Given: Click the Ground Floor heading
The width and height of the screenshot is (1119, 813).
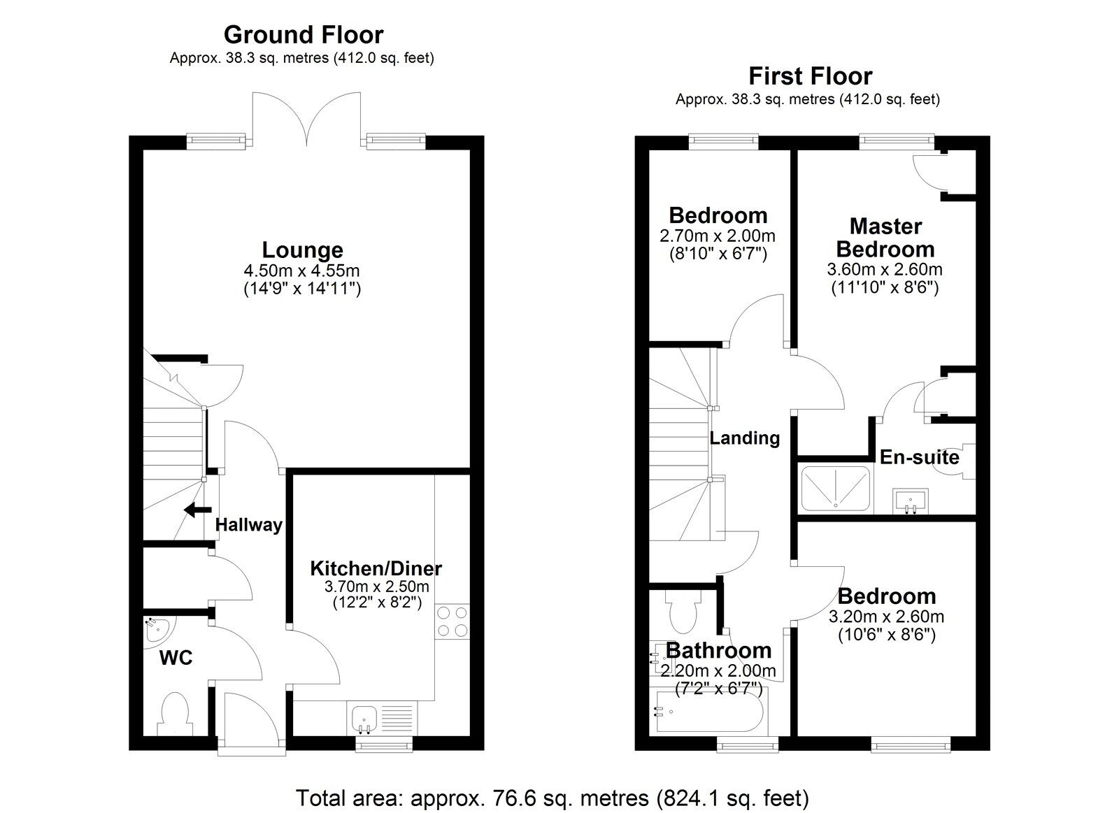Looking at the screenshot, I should pos(303,34).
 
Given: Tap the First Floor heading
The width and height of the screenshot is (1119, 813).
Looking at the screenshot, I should pos(810,75).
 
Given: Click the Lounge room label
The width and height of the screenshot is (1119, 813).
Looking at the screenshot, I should pos(302,250).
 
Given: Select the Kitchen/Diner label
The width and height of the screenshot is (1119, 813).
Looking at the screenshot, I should pos(376,568).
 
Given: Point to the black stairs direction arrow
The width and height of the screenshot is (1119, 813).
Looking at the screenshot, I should pos(197,510).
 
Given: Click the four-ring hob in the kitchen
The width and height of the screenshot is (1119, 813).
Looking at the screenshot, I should pos(452,621).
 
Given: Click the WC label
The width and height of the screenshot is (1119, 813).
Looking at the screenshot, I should pos(176,658).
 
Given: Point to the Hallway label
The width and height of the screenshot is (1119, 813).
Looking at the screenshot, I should pos(248,525).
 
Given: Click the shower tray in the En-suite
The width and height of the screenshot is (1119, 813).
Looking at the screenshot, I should pos(835,487).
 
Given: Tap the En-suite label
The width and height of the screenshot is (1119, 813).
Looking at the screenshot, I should pos(919,457).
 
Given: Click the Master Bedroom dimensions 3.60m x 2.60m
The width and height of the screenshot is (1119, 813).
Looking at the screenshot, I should pos(884,269).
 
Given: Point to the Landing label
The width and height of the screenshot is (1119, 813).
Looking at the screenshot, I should pos(744,438).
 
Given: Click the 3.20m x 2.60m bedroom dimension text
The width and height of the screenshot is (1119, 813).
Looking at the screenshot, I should pos(886,617).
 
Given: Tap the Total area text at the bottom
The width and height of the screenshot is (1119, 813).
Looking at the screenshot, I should pos(552,798).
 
